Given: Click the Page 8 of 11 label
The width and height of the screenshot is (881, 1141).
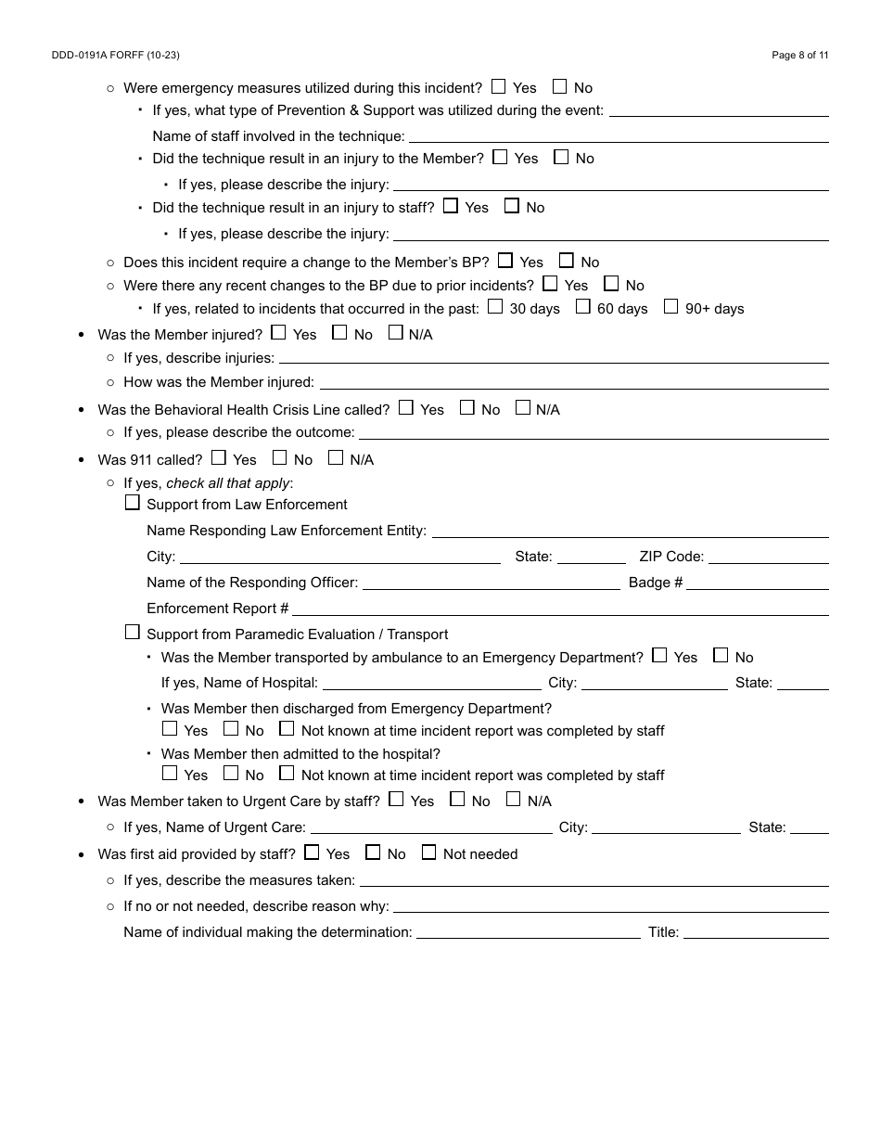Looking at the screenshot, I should tap(799, 56).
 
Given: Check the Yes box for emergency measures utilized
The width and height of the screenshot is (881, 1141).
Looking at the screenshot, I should tap(499, 86).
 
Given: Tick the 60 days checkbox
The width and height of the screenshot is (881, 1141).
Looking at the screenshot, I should tap(582, 306).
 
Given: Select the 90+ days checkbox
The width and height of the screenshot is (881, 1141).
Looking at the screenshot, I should tap(670, 306).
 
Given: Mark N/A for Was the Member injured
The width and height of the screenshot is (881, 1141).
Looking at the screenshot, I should tap(396, 332).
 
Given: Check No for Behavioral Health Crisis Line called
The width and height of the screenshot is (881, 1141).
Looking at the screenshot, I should tap(467, 407).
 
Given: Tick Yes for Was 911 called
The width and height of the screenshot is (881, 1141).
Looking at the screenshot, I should tap(219, 457).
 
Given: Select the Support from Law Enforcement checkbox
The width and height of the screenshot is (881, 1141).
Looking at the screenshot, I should tap(133, 503).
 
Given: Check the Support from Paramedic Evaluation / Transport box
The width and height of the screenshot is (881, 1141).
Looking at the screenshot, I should tap(133, 633).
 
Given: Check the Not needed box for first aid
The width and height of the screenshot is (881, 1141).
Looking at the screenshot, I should tap(428, 852).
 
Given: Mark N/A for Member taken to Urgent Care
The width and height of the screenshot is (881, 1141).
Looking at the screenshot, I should tap(513, 799).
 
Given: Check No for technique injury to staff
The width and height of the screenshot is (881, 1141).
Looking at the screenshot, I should tap(512, 206).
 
